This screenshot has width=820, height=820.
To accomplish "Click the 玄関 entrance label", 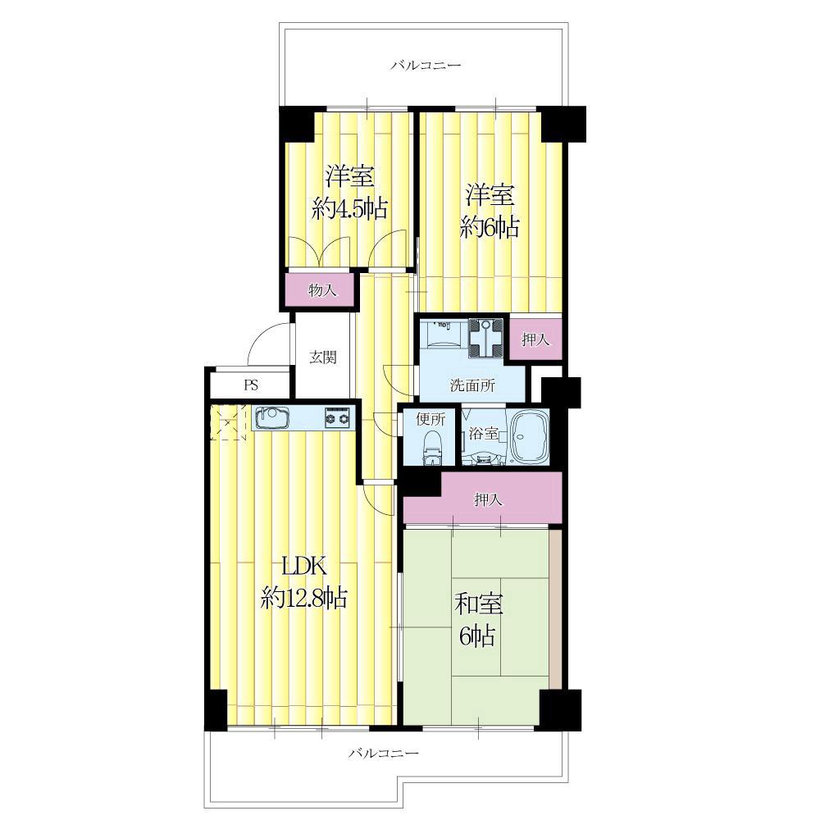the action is (322, 358).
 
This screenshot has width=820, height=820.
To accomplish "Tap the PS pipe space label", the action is (251, 385).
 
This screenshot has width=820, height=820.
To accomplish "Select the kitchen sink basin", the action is (272, 417).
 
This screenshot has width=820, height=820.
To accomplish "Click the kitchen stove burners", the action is (338, 418).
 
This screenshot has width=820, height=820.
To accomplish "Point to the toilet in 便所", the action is (432, 448).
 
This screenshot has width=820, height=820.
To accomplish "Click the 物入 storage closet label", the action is (322, 289).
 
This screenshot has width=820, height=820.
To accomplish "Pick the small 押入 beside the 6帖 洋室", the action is (535, 339).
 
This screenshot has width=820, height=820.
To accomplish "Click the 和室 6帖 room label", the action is (477, 620).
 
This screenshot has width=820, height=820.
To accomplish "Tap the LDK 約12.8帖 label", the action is (303, 581).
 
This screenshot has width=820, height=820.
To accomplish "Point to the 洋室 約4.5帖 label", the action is (350, 192).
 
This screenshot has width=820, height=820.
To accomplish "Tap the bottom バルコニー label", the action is (384, 753).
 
